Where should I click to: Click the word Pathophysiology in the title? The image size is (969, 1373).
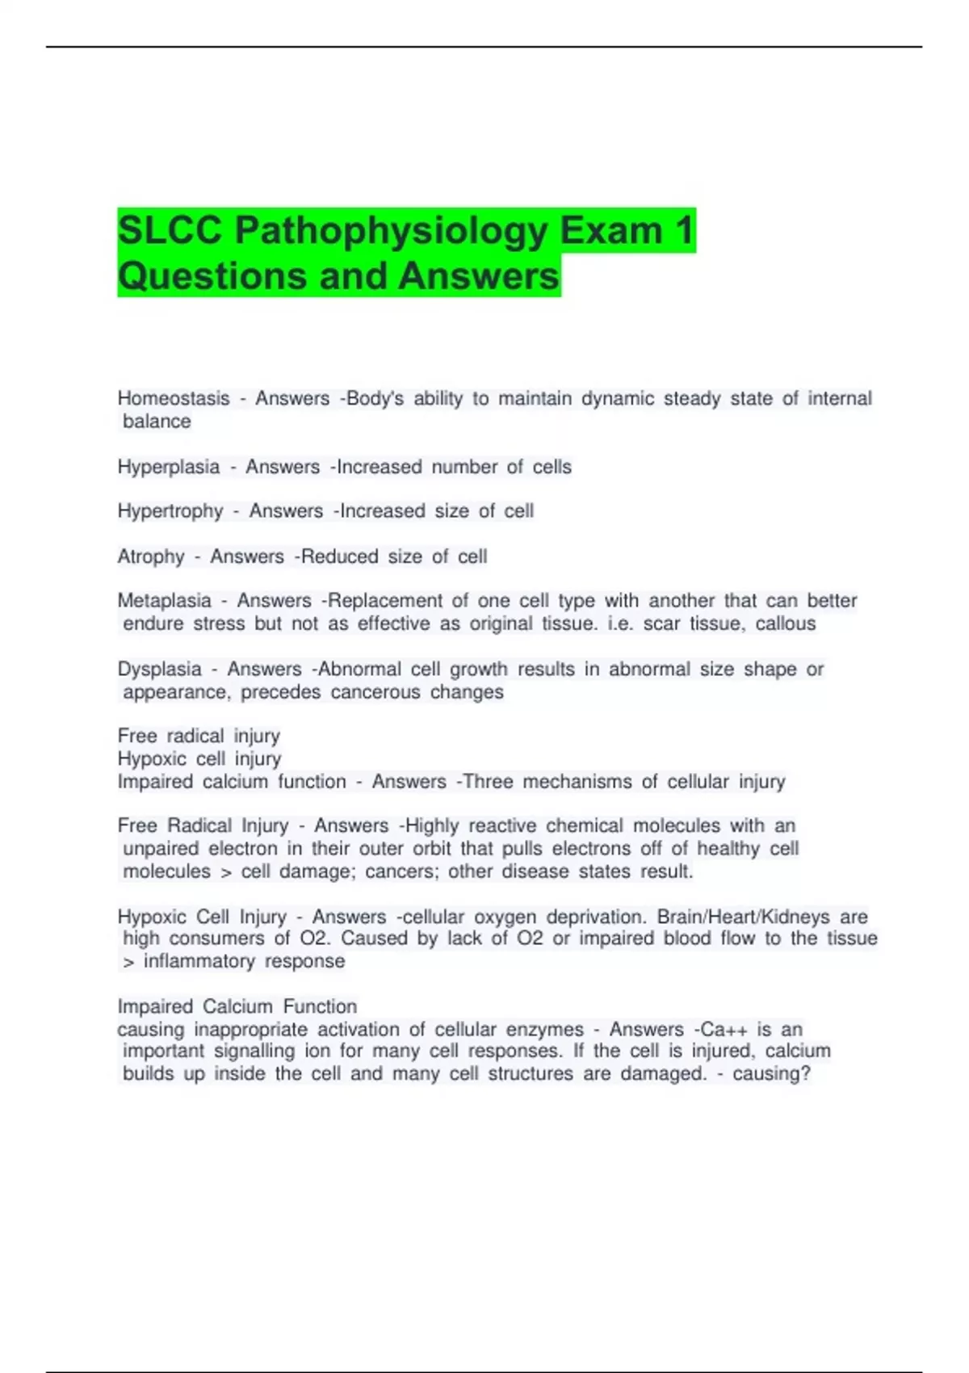(391, 231)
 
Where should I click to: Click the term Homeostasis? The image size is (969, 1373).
(174, 399)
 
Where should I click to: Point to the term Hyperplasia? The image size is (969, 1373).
(169, 467)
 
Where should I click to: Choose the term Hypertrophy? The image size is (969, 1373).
(170, 511)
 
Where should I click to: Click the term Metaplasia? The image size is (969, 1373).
(165, 601)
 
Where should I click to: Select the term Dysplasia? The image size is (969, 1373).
(160, 670)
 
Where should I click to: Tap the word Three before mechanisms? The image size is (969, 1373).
(488, 782)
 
